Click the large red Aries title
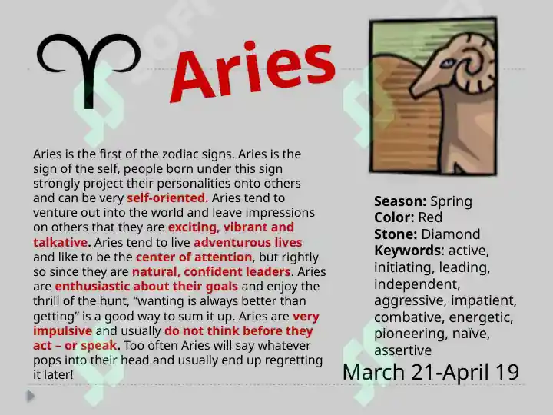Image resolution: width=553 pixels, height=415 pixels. [x=253, y=71]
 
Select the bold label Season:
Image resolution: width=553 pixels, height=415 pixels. [x=400, y=201]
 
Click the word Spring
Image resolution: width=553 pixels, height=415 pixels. [x=451, y=202]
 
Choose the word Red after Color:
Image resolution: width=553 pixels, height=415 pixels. [x=430, y=217]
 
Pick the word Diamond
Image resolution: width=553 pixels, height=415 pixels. [x=451, y=234]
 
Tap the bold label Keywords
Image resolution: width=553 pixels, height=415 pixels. [x=407, y=251]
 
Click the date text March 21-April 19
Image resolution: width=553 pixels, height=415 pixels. [x=431, y=372]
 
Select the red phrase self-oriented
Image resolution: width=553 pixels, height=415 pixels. [x=167, y=198]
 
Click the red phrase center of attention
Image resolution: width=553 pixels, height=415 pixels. [x=194, y=257]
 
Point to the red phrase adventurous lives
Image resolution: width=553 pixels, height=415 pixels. [x=248, y=242]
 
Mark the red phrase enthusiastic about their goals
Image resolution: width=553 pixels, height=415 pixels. [x=147, y=286]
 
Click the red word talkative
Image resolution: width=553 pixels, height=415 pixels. [x=61, y=242]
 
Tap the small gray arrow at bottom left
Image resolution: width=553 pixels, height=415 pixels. [x=31, y=396]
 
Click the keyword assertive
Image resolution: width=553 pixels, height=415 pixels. [x=402, y=350]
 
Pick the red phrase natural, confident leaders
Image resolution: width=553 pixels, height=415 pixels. [x=211, y=272]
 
